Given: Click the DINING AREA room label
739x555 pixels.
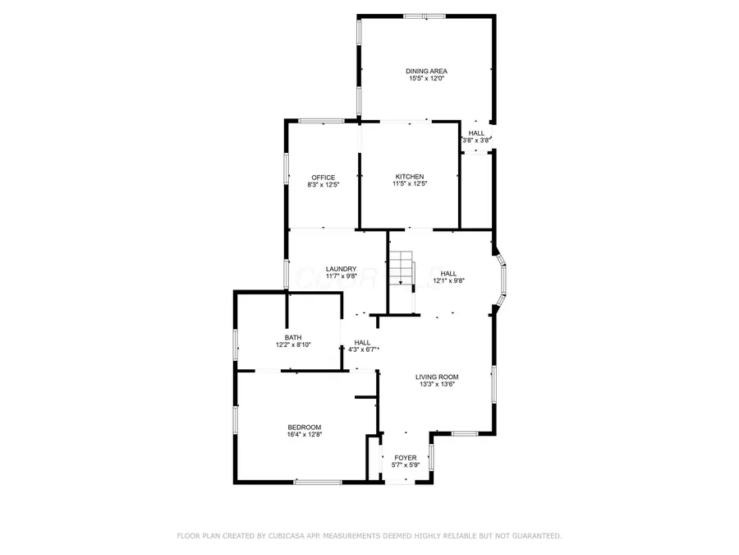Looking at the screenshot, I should [x=427, y=71].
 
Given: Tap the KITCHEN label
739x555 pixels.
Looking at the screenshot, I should [x=410, y=177].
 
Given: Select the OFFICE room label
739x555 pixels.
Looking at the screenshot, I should [x=323, y=177].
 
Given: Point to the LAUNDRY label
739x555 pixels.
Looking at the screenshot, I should [x=341, y=269].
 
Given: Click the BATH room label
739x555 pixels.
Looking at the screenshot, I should [x=293, y=337].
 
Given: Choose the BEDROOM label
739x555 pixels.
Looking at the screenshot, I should [x=304, y=427].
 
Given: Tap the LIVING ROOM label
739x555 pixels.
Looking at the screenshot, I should [x=435, y=377].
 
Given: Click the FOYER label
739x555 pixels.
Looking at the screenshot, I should [x=406, y=457].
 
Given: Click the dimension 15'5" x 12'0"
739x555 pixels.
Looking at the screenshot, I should [x=427, y=79].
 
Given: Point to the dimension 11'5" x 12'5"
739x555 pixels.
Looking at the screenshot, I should [x=410, y=184].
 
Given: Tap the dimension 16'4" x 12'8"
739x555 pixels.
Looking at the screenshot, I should [x=304, y=434].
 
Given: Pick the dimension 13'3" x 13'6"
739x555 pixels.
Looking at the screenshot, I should [x=435, y=384].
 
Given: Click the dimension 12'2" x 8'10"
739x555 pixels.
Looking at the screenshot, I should [x=293, y=345].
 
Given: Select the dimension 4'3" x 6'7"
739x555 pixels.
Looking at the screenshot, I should [x=363, y=350].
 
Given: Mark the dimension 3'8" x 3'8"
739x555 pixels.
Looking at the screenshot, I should [x=476, y=141].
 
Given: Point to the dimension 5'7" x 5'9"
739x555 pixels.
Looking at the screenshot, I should [x=406, y=465].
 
